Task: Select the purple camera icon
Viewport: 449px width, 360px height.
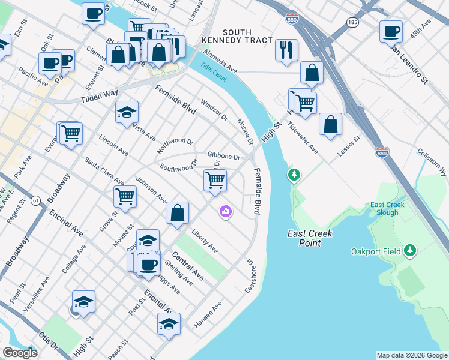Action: click(226, 211)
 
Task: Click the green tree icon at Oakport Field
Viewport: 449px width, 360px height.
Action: click(410, 250)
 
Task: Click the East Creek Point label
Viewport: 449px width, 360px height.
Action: click(310, 238)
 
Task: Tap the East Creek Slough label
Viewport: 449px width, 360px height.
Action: click(387, 209)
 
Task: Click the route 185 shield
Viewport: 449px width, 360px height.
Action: click(352, 22)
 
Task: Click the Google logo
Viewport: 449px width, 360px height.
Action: click(20, 353)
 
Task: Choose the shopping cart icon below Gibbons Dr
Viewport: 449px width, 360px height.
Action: click(215, 179)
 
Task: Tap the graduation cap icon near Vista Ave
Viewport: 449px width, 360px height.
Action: click(127, 111)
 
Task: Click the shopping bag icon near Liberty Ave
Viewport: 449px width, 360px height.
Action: click(178, 212)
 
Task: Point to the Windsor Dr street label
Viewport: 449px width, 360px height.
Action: click(214, 109)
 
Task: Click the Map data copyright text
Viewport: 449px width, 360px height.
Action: click(412, 355)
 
